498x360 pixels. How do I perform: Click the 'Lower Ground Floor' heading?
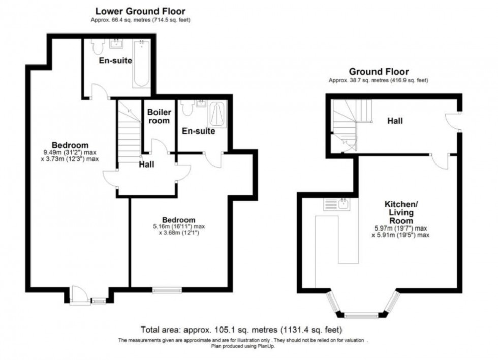tap(140, 11)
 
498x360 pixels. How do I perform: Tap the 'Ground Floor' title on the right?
tap(379, 72)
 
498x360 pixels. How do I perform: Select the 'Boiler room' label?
tap(159, 116)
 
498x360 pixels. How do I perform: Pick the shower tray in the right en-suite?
tap(217, 114)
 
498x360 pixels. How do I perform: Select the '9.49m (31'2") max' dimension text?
tap(70, 152)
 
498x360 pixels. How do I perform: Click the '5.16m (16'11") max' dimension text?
tap(179, 226)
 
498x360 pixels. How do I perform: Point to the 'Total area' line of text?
tap(241, 330)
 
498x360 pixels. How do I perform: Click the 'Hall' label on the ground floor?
tap(395, 121)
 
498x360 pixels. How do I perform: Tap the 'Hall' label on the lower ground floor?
tap(146, 164)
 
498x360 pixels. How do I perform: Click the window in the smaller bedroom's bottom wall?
tap(167, 290)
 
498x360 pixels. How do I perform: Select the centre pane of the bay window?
tap(361, 315)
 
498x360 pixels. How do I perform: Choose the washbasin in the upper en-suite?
tap(116, 44)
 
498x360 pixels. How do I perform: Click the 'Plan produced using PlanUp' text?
tap(243, 346)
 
